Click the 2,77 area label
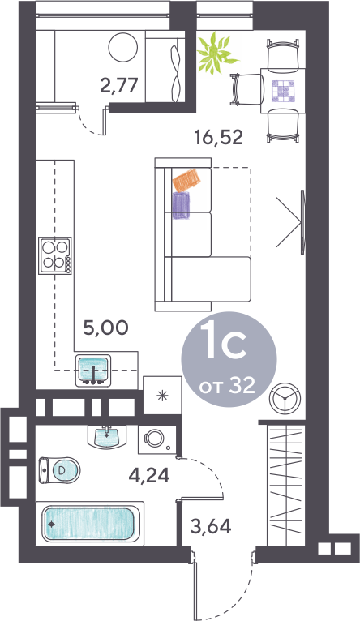[x=119, y=86]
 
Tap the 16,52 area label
[x=218, y=138]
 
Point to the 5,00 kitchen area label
[x=105, y=328]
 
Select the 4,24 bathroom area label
[x=149, y=475]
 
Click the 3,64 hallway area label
[x=211, y=526]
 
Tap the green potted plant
[x=217, y=53]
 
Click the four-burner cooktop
[x=55, y=255]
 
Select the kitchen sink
[x=93, y=370]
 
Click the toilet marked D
[x=59, y=470]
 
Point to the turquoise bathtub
[x=89, y=524]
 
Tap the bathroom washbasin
[x=106, y=437]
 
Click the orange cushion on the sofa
[x=186, y=180]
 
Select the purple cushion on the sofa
[x=182, y=205]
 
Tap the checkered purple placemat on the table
[x=283, y=92]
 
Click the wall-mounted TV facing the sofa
[x=302, y=222]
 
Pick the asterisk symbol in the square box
[x=162, y=396]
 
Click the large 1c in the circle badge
[x=223, y=340]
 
